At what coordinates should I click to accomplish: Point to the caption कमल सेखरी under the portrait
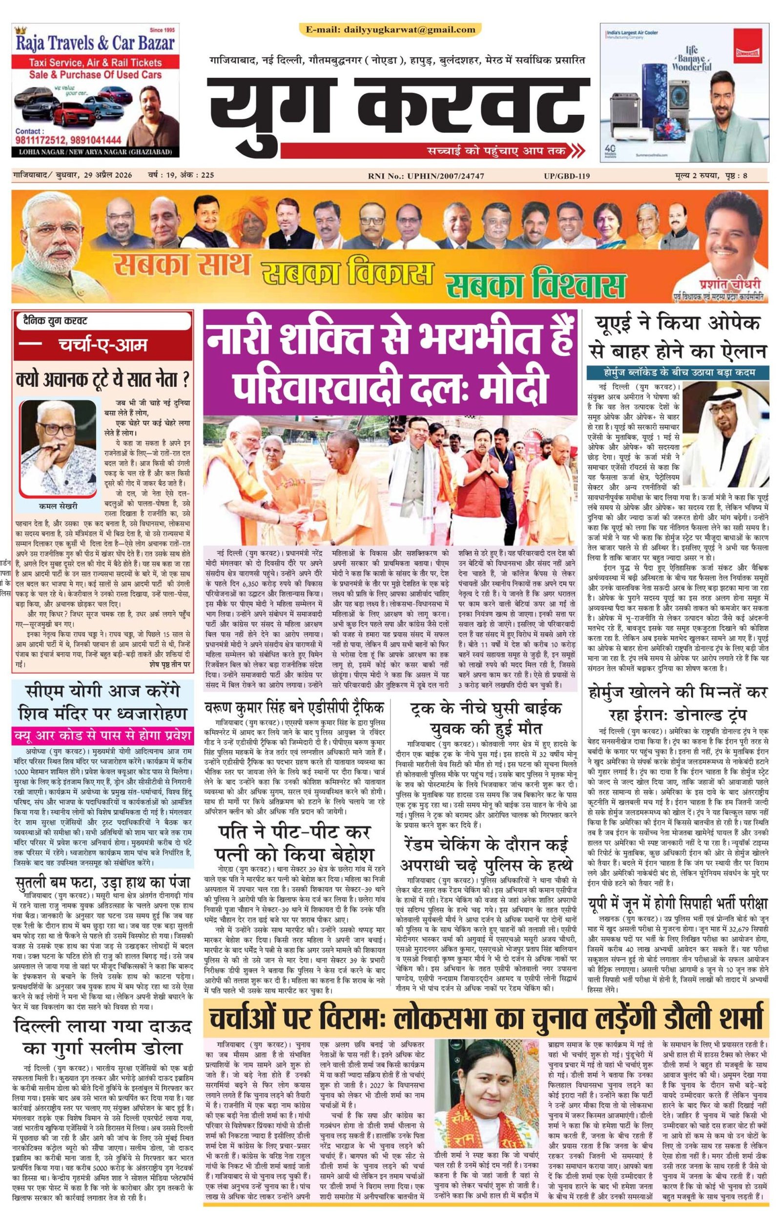point(59,506)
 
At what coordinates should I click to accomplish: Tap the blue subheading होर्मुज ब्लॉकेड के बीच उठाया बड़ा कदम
point(678,372)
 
